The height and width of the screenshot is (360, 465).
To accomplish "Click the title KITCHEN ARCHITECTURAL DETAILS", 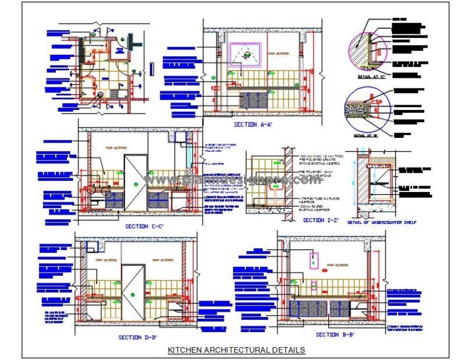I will coord(235,350).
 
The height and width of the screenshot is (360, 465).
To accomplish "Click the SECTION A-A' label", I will coord(253,124).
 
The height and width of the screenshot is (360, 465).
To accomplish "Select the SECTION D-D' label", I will coord(137,337).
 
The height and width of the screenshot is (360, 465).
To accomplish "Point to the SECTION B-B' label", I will coord(335,335).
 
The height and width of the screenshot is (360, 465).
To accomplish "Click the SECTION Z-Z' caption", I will coord(321,220).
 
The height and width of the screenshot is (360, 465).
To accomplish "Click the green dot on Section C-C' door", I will coord(136,184).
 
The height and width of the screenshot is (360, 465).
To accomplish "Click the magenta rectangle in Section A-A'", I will coord(245,54).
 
